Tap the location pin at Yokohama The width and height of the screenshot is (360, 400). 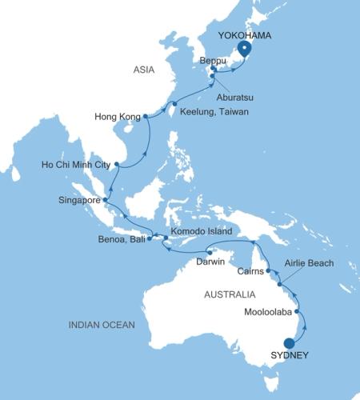point(245,48)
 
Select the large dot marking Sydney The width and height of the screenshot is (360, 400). point(289,343)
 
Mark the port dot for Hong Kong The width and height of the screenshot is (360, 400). point(147,118)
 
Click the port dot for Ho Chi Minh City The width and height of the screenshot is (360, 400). point(117,165)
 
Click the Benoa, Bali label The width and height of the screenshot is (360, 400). point(122,241)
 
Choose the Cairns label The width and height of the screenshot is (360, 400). point(253,271)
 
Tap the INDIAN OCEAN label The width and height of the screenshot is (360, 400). point(102,324)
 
